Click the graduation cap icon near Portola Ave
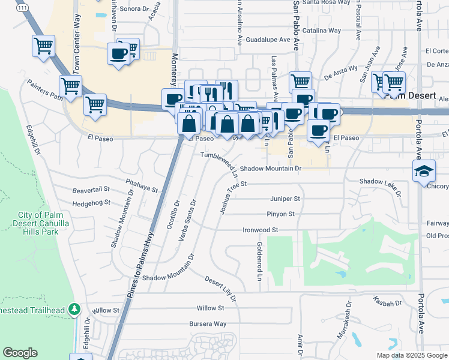(x=424, y=171)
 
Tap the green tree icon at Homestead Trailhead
(x=74, y=309)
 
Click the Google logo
(x=20, y=353)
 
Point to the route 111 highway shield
(x=22, y=7)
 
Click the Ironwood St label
(x=260, y=230)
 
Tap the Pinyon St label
(x=281, y=214)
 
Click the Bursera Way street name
(x=207, y=324)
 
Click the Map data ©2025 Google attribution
(x=412, y=355)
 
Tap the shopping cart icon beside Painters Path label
(x=70, y=86)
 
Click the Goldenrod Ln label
(x=259, y=262)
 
